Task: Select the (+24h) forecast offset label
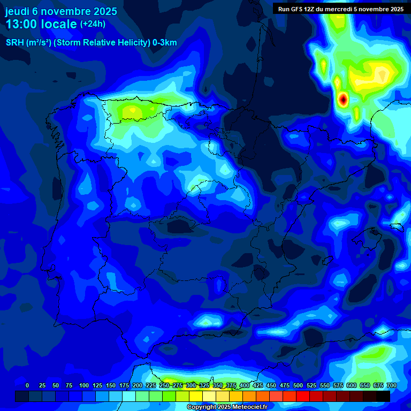tap(93, 24)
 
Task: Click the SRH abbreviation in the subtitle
tap(14, 43)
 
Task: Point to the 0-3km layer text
tap(164, 43)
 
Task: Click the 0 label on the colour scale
tap(27, 385)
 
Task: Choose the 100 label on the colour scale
tap(84, 385)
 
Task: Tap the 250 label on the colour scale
tap(164, 385)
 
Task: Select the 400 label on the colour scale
tap(245, 385)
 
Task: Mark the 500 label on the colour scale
tap(298, 385)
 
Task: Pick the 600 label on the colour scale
tap(352, 385)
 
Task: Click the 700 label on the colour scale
tap(391, 385)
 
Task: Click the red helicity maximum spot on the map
tap(343, 99)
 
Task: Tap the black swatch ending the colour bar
tap(383, 397)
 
